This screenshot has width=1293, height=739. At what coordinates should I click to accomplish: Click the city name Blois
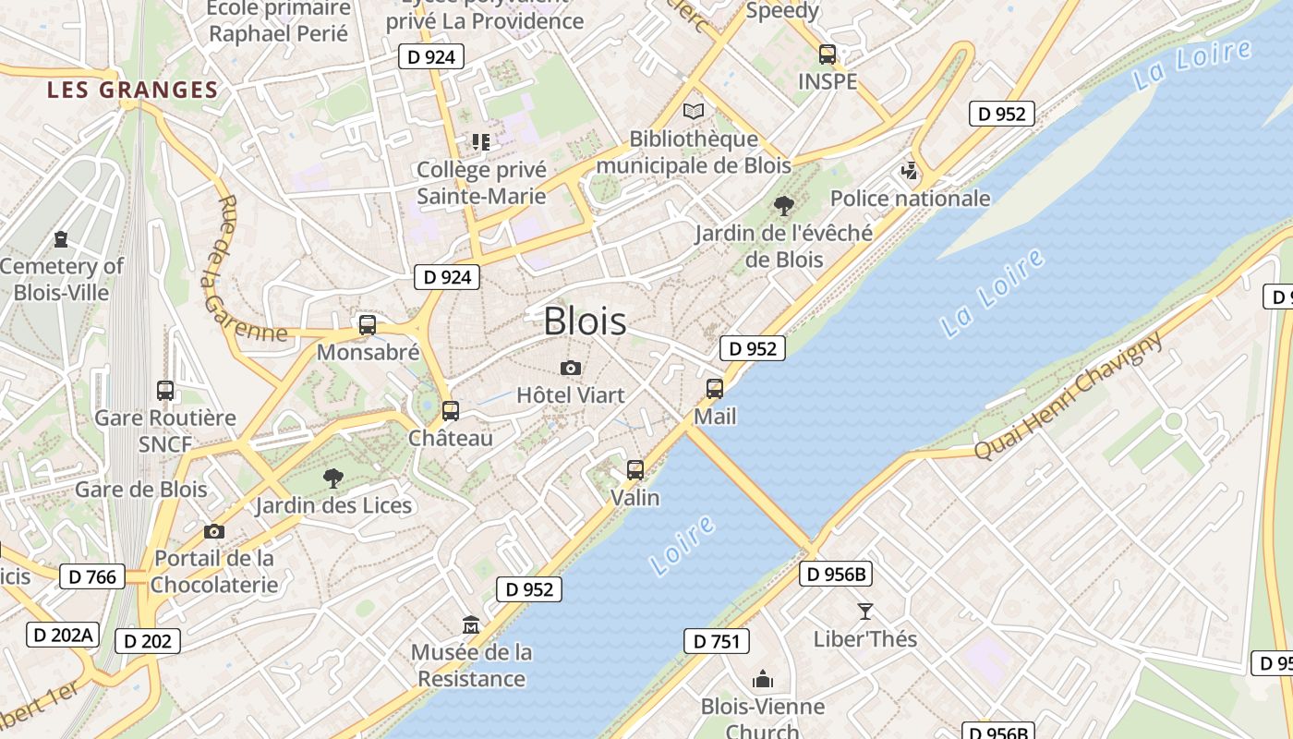coord(585,321)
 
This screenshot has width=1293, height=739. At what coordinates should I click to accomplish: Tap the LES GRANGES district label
coord(132,90)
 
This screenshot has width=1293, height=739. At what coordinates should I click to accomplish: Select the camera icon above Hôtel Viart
coord(571,369)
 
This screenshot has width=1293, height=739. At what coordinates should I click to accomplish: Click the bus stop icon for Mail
coord(715,389)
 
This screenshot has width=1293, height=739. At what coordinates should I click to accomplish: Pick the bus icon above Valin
coord(635,470)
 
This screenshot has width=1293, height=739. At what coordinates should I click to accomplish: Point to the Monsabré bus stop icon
coord(368,325)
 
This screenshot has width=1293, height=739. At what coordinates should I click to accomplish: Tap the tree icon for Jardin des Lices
coord(333,478)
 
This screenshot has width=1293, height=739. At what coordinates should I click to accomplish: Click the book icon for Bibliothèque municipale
coord(693,112)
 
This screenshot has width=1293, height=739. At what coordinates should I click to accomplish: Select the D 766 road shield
coord(93,577)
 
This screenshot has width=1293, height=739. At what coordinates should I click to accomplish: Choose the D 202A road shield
coord(62,635)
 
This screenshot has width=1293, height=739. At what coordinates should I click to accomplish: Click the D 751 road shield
coord(716,641)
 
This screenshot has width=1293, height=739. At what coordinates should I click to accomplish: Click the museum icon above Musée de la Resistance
coord(471,625)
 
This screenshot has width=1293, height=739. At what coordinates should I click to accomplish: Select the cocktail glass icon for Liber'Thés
coord(864,611)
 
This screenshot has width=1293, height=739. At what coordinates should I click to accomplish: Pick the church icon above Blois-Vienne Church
coord(763,680)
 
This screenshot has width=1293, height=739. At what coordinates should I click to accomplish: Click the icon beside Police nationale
coord(910,171)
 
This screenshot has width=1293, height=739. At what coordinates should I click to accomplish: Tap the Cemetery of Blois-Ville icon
coord(61,239)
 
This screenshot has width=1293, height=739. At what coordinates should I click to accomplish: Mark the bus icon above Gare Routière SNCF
coord(165,391)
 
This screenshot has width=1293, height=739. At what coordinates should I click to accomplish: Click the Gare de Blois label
coord(140,489)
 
